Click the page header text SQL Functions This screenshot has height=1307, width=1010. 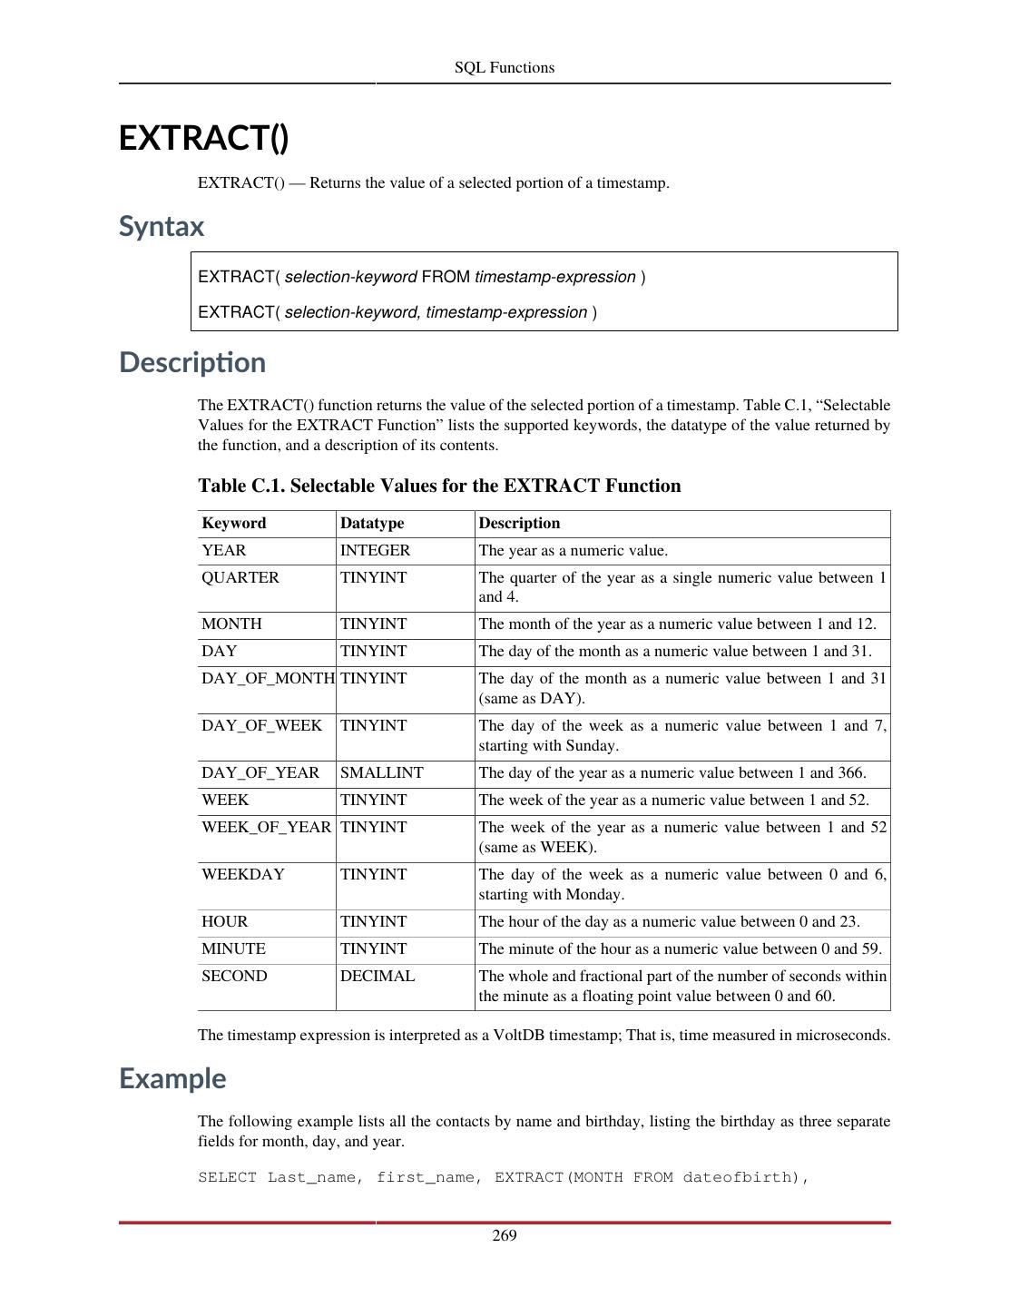pos(504,67)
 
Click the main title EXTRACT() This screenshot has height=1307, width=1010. pos(203,138)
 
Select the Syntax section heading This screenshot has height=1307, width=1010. pos(162,226)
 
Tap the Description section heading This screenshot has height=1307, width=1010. pos(192,362)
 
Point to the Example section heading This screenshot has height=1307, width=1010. pos(172,1078)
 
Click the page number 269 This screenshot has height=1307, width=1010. pos(505,1235)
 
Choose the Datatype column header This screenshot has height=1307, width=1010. pos(372,523)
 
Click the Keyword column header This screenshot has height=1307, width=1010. pos(234,523)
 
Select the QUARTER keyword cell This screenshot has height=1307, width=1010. pos(240,577)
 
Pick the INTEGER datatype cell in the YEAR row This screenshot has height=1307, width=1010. pos(375,550)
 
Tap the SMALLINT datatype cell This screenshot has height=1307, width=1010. pos(381,772)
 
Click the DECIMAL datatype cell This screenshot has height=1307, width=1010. pos(378,976)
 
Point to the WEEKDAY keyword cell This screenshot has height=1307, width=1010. pos(243,874)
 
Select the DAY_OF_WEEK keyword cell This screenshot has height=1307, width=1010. pos(261,725)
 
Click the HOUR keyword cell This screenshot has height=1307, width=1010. pos(224,921)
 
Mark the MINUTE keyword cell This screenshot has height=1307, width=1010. pos(233,948)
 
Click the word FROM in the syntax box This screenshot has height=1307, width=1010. pos(446,277)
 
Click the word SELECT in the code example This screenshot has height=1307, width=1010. pos(228,1177)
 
